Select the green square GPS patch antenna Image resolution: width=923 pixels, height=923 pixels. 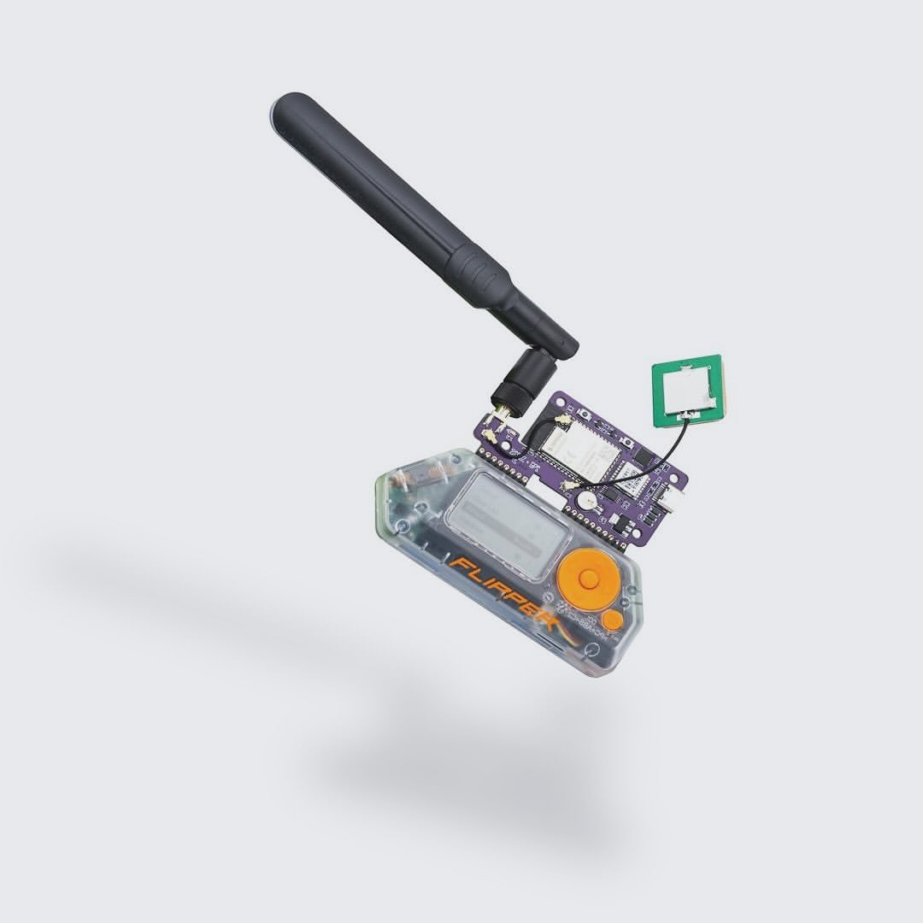(x=686, y=390)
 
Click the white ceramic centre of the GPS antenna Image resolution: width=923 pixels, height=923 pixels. (x=689, y=389)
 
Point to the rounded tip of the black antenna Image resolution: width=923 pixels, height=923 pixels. (x=286, y=109)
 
